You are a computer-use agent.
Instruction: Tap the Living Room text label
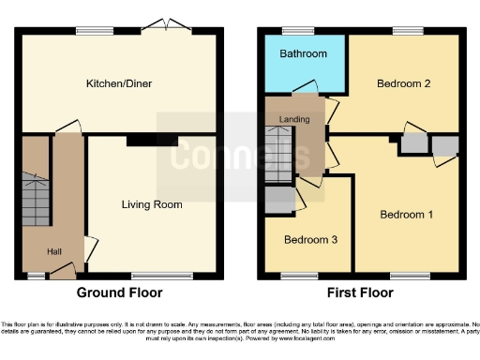tap(152, 203)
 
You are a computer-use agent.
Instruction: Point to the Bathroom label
tap(304, 54)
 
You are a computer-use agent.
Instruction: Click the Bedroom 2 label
tap(403, 83)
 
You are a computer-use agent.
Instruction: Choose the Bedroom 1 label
tap(406, 215)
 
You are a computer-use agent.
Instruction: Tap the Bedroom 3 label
tap(310, 240)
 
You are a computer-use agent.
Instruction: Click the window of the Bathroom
tap(298, 31)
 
